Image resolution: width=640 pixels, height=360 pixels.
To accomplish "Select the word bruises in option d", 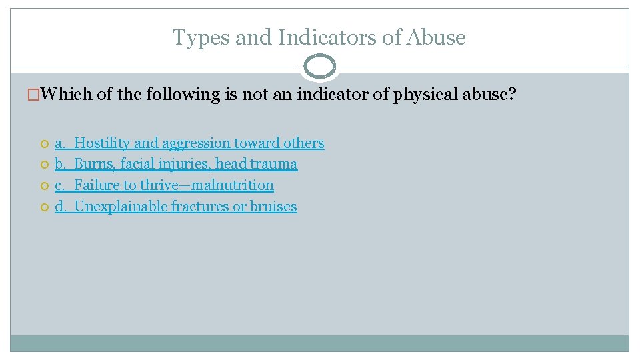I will tap(273, 207).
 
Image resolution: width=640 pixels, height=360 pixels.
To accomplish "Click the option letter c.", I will tap(59, 185).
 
